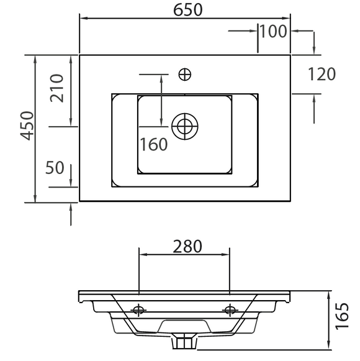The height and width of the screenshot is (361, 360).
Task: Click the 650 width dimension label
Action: tap(187, 10)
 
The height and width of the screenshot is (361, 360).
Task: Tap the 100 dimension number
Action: tap(274, 31)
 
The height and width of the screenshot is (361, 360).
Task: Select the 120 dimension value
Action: tap(322, 74)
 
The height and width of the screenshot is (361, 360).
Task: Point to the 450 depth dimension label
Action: tap(27, 126)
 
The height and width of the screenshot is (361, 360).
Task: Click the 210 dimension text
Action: tap(56, 88)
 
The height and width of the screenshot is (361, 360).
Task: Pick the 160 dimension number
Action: tap(154, 144)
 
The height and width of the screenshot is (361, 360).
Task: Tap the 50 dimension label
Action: tap(55, 167)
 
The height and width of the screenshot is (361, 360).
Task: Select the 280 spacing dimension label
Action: tap(187, 246)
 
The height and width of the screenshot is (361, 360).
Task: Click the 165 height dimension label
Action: tap(342, 316)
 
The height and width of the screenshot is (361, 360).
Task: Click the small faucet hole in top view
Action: tap(185, 75)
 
